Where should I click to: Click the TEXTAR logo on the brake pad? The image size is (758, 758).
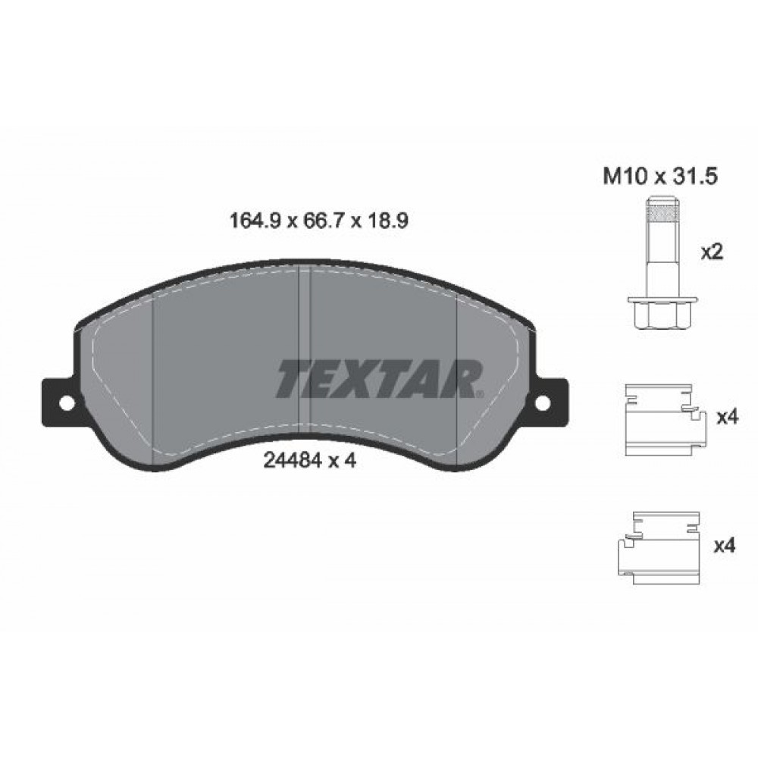(379, 379)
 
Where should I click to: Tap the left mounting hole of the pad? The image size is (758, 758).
(64, 402)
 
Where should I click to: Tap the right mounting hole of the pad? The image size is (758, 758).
(543, 402)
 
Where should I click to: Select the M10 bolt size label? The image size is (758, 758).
(622, 177)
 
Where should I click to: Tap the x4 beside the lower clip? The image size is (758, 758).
(726, 545)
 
